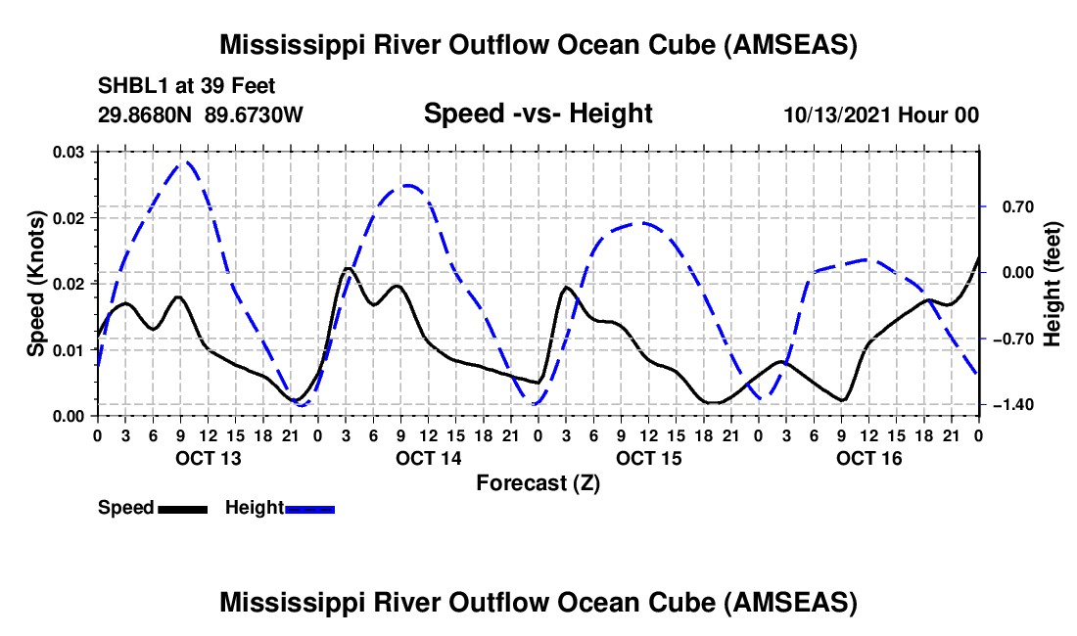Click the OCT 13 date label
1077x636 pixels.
pyautogui.click(x=208, y=458)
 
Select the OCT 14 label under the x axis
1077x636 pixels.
pyautogui.click(x=429, y=458)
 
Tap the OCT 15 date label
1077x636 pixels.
pyautogui.click(x=649, y=458)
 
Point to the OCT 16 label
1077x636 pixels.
pyautogui.click(x=869, y=458)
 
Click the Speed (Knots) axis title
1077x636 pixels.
pyautogui.click(x=36, y=284)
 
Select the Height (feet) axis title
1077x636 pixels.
pyautogui.click(x=1053, y=284)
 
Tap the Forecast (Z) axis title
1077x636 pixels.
pyautogui.click(x=538, y=482)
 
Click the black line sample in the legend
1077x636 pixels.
pyautogui.click(x=182, y=509)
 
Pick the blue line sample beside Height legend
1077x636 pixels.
pyautogui.click(x=309, y=509)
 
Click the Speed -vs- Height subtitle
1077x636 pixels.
pyautogui.click(x=538, y=114)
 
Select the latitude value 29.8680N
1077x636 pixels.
pyautogui.click(x=146, y=114)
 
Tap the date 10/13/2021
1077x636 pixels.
pyautogui.click(x=835, y=114)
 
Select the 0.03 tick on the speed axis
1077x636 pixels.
pyautogui.click(x=70, y=152)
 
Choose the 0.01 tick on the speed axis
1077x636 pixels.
pyautogui.click(x=70, y=349)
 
